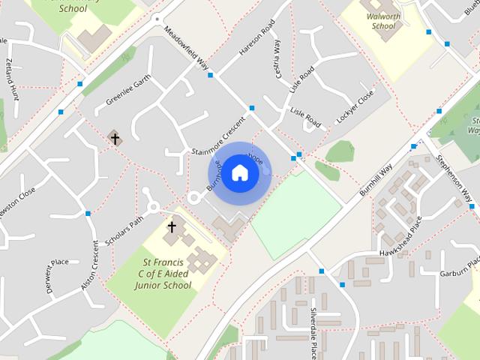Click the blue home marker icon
tap(239, 173)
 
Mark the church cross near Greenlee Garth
tap(115, 138)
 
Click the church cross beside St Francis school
tap(172, 226)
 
